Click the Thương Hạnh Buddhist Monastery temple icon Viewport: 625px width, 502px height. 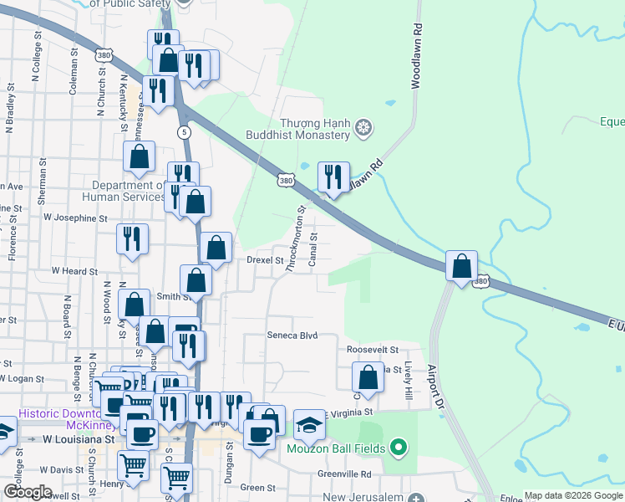pos(363,127)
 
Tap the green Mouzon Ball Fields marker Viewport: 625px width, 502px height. pos(398,448)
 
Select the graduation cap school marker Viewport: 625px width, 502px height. pos(309,425)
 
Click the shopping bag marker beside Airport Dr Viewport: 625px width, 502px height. pos(461,267)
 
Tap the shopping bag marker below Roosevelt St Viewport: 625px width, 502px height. pos(368,377)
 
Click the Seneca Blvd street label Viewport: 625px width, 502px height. pos(292,335)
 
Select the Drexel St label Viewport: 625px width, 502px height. pos(266,260)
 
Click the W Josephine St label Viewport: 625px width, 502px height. pos(76,218)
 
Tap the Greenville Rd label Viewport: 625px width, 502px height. pos(343,474)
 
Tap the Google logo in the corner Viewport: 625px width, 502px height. pos(28,492)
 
